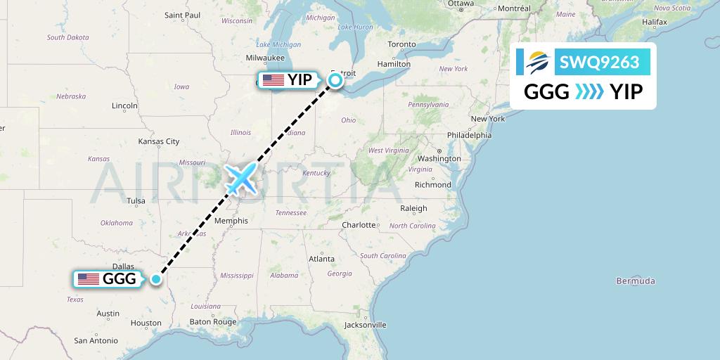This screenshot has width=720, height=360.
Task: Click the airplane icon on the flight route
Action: pyautogui.click(x=240, y=179)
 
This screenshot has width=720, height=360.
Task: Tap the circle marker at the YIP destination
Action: pyautogui.click(x=335, y=80)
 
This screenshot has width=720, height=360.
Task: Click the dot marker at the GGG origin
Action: pyautogui.click(x=156, y=279)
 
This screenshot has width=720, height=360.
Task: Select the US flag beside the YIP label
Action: pyautogui.click(x=273, y=80)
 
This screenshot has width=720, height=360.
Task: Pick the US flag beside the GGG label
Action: pyautogui.click(x=89, y=279)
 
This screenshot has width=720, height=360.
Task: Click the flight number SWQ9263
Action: pyautogui.click(x=599, y=63)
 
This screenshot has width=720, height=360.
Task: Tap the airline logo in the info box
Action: pyautogui.click(x=536, y=63)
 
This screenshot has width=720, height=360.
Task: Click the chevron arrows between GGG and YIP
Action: pyautogui.click(x=589, y=91)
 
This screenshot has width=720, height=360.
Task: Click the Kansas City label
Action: pyautogui.click(x=159, y=141)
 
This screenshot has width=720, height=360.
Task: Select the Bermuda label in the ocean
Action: pyautogui.click(x=635, y=281)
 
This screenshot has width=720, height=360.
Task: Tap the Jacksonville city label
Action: pyautogui.click(x=366, y=325)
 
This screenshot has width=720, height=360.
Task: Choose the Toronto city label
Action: pyautogui.click(x=402, y=44)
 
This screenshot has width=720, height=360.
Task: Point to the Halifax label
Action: pyautogui.click(x=654, y=22)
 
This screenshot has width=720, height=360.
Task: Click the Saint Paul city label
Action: pyautogui.click(x=183, y=15)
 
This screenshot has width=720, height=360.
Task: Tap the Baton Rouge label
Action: pyautogui.click(x=213, y=322)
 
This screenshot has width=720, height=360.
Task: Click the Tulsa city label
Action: pyautogui.click(x=136, y=201)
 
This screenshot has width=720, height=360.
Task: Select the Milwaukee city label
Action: pyautogui.click(x=265, y=58)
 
